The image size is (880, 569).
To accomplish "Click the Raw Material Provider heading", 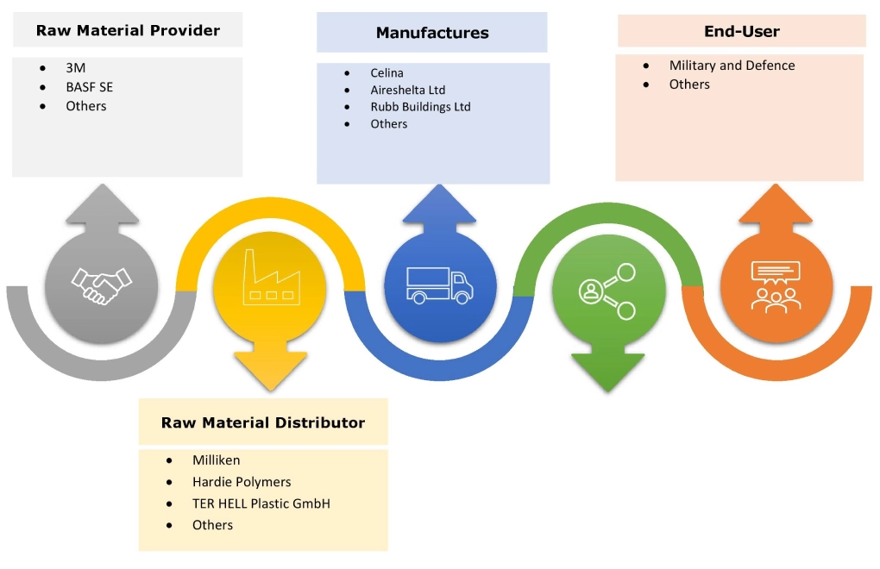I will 128,31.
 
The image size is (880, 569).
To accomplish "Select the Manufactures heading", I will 432,34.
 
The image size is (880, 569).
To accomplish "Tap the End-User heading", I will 741,32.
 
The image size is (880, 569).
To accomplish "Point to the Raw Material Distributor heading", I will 263,422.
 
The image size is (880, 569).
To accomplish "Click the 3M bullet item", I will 76,68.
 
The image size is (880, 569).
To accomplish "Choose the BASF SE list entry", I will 89,87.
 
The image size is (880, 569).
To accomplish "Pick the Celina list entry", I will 387,73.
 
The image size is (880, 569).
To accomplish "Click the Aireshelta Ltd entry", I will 407,90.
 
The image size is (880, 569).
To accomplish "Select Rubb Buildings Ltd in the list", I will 420,107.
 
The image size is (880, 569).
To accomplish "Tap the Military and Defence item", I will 732,66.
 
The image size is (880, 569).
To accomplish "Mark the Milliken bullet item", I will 216,461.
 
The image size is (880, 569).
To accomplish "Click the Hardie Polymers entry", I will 242,482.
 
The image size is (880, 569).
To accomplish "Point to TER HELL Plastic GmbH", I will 261,503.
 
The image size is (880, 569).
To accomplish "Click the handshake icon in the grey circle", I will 103,284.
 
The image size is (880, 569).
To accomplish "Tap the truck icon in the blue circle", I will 439,285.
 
